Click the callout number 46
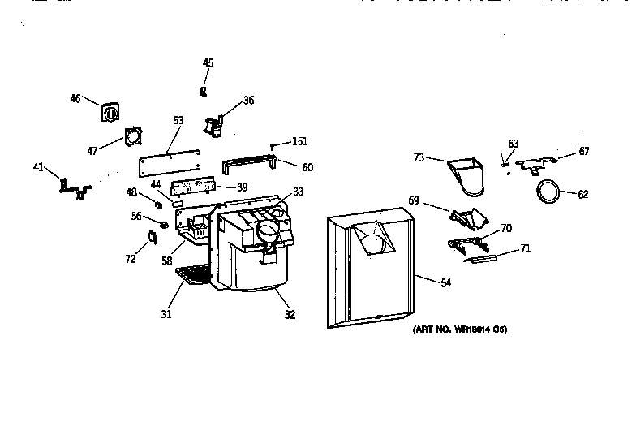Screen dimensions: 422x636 [x=75, y=99]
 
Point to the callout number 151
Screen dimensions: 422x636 [x=299, y=142]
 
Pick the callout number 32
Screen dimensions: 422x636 [x=290, y=315]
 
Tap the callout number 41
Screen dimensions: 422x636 [x=38, y=169]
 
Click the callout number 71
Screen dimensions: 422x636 [x=526, y=249]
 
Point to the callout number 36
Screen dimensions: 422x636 [x=248, y=101]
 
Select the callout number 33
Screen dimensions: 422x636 [x=299, y=192]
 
